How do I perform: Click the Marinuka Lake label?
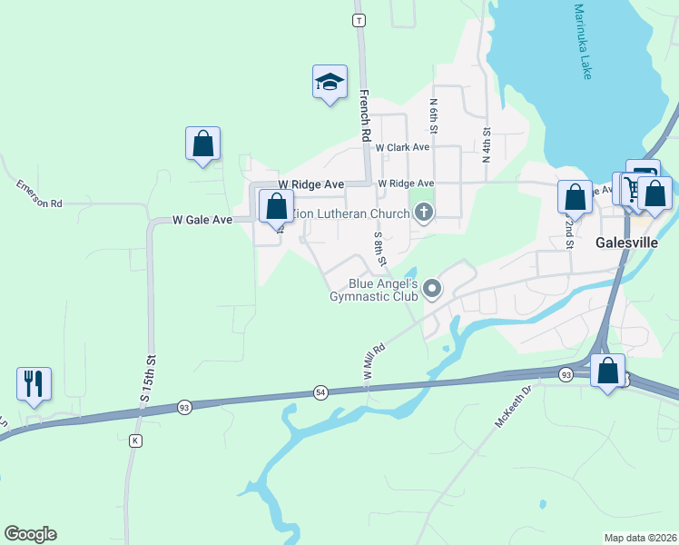click(x=582, y=42)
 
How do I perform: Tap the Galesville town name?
click(x=627, y=243)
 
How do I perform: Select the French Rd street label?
click(x=366, y=114)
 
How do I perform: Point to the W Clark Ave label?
click(x=402, y=147)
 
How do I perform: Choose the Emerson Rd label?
click(x=38, y=193)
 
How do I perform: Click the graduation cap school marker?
click(x=330, y=83)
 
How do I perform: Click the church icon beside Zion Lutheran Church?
click(x=422, y=213)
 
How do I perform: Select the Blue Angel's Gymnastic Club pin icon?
click(x=433, y=290)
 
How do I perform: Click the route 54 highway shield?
click(x=320, y=391)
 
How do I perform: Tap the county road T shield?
click(x=360, y=19)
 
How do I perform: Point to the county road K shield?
click(x=135, y=441)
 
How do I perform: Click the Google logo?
click(x=30, y=534)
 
